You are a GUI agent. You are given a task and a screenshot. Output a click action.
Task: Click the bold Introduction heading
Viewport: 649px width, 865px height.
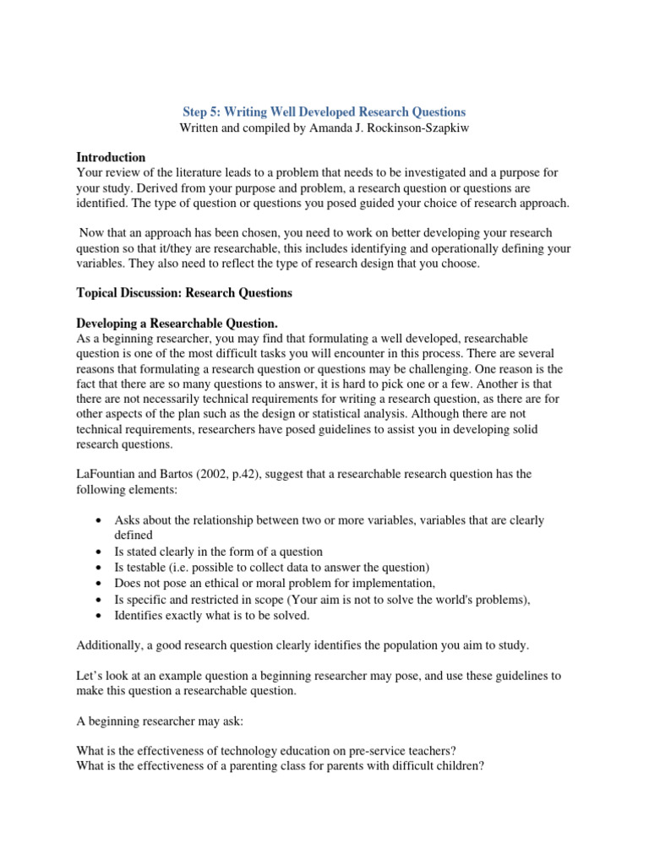111,157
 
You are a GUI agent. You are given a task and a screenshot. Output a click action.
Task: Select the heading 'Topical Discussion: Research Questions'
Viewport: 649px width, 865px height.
184,293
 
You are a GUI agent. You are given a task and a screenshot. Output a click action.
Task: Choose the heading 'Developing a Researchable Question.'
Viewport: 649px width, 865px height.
177,324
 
